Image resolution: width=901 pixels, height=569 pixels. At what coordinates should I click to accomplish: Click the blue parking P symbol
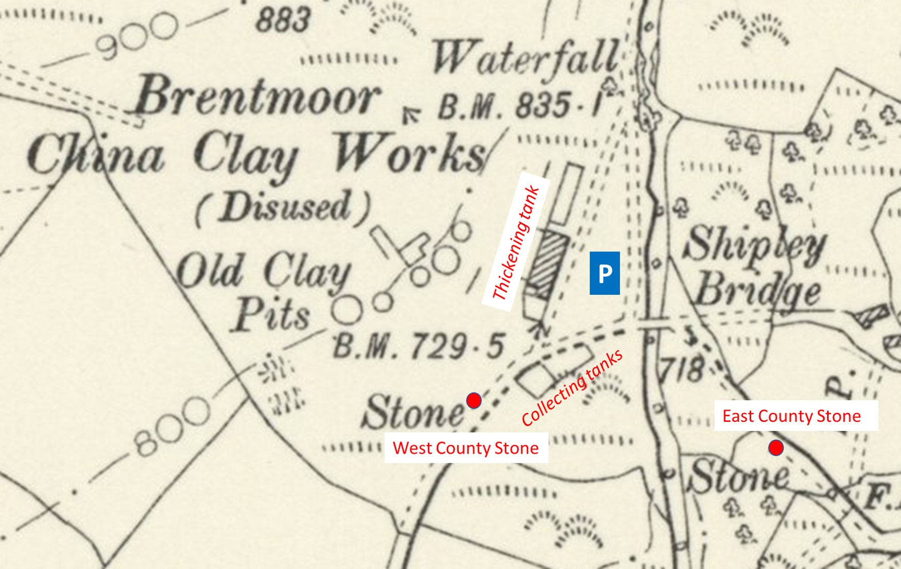(x=604, y=273)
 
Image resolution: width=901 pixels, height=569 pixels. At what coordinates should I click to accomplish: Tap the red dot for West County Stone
(x=474, y=401)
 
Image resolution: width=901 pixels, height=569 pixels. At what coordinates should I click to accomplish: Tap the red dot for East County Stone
(x=776, y=448)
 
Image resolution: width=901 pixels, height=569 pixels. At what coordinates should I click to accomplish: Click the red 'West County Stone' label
(x=466, y=448)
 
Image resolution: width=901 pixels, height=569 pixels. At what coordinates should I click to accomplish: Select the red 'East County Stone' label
(x=792, y=416)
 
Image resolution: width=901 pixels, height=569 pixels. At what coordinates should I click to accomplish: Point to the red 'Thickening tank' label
(x=516, y=243)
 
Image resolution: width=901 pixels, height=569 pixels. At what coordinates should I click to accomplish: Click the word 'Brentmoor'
(x=256, y=96)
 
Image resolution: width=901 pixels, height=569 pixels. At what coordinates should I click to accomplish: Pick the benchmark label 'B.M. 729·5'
(x=418, y=347)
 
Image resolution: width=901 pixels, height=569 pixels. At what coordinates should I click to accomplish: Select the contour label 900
(x=137, y=35)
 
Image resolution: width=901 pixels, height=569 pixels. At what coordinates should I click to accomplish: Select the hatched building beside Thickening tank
(x=547, y=263)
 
